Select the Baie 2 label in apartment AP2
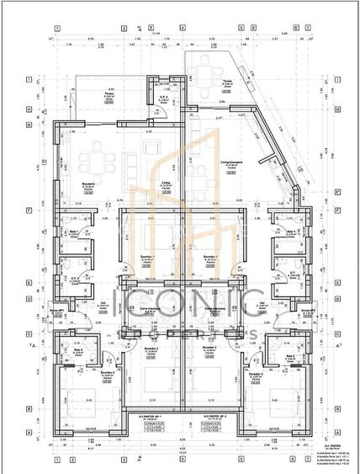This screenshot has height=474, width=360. [290, 356]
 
